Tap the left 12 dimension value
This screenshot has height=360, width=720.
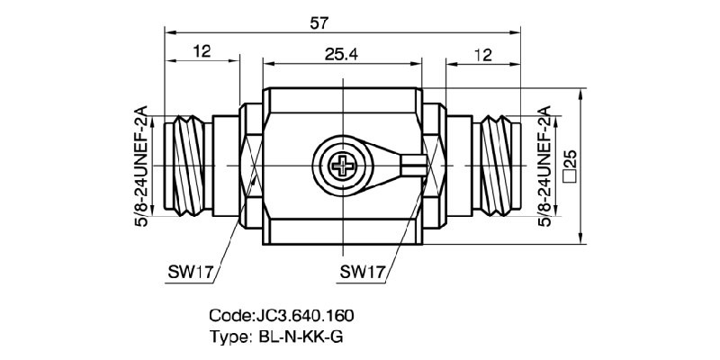coord(201,53)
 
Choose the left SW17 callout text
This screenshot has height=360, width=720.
coord(191,270)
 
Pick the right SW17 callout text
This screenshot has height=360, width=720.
coord(364,270)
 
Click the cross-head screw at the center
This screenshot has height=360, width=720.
coord(343,166)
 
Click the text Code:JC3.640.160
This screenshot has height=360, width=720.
coord(282,316)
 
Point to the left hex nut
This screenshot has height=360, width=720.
coord(249,166)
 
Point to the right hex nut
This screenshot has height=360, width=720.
coord(434,166)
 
